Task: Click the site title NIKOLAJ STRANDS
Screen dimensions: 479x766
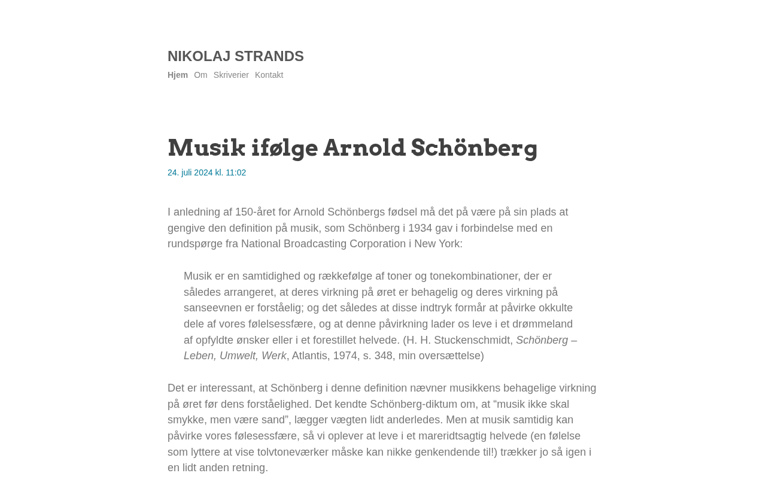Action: pyautogui.click(x=235, y=56)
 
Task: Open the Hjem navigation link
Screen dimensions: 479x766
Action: pyautogui.click(x=178, y=75)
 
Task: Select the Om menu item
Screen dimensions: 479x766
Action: pyautogui.click(x=200, y=75)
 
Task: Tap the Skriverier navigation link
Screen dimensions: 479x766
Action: pyautogui.click(x=231, y=75)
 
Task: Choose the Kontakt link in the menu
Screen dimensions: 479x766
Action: pyautogui.click(x=269, y=75)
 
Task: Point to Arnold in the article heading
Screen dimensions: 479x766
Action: pyautogui.click(x=364, y=148)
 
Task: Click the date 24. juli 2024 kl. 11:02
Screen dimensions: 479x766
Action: pyautogui.click(x=206, y=172)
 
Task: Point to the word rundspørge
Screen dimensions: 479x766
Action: pyautogui.click(x=195, y=244)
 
